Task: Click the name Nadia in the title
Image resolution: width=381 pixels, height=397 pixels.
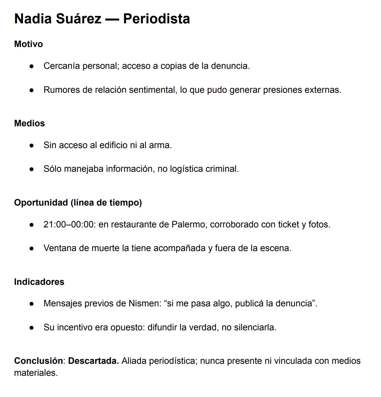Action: click(33, 19)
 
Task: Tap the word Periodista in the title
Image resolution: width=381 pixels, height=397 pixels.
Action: click(156, 19)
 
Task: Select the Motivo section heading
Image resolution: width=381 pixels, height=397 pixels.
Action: click(29, 44)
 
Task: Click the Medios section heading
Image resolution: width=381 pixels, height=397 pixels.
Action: click(29, 123)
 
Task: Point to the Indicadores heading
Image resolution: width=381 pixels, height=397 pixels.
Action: click(39, 282)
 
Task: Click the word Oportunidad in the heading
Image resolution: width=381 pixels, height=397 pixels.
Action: click(41, 202)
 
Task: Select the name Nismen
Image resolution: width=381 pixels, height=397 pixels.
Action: click(143, 303)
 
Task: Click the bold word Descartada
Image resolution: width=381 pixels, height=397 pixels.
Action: click(93, 361)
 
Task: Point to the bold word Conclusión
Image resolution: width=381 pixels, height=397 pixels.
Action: click(38, 361)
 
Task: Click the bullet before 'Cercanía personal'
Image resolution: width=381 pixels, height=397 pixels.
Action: click(31, 66)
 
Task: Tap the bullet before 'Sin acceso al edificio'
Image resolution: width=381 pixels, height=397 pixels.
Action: click(31, 145)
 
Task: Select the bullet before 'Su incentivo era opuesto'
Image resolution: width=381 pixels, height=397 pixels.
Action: click(31, 328)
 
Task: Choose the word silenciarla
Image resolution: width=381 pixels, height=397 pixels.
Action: click(255, 327)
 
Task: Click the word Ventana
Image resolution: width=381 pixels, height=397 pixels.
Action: click(60, 248)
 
